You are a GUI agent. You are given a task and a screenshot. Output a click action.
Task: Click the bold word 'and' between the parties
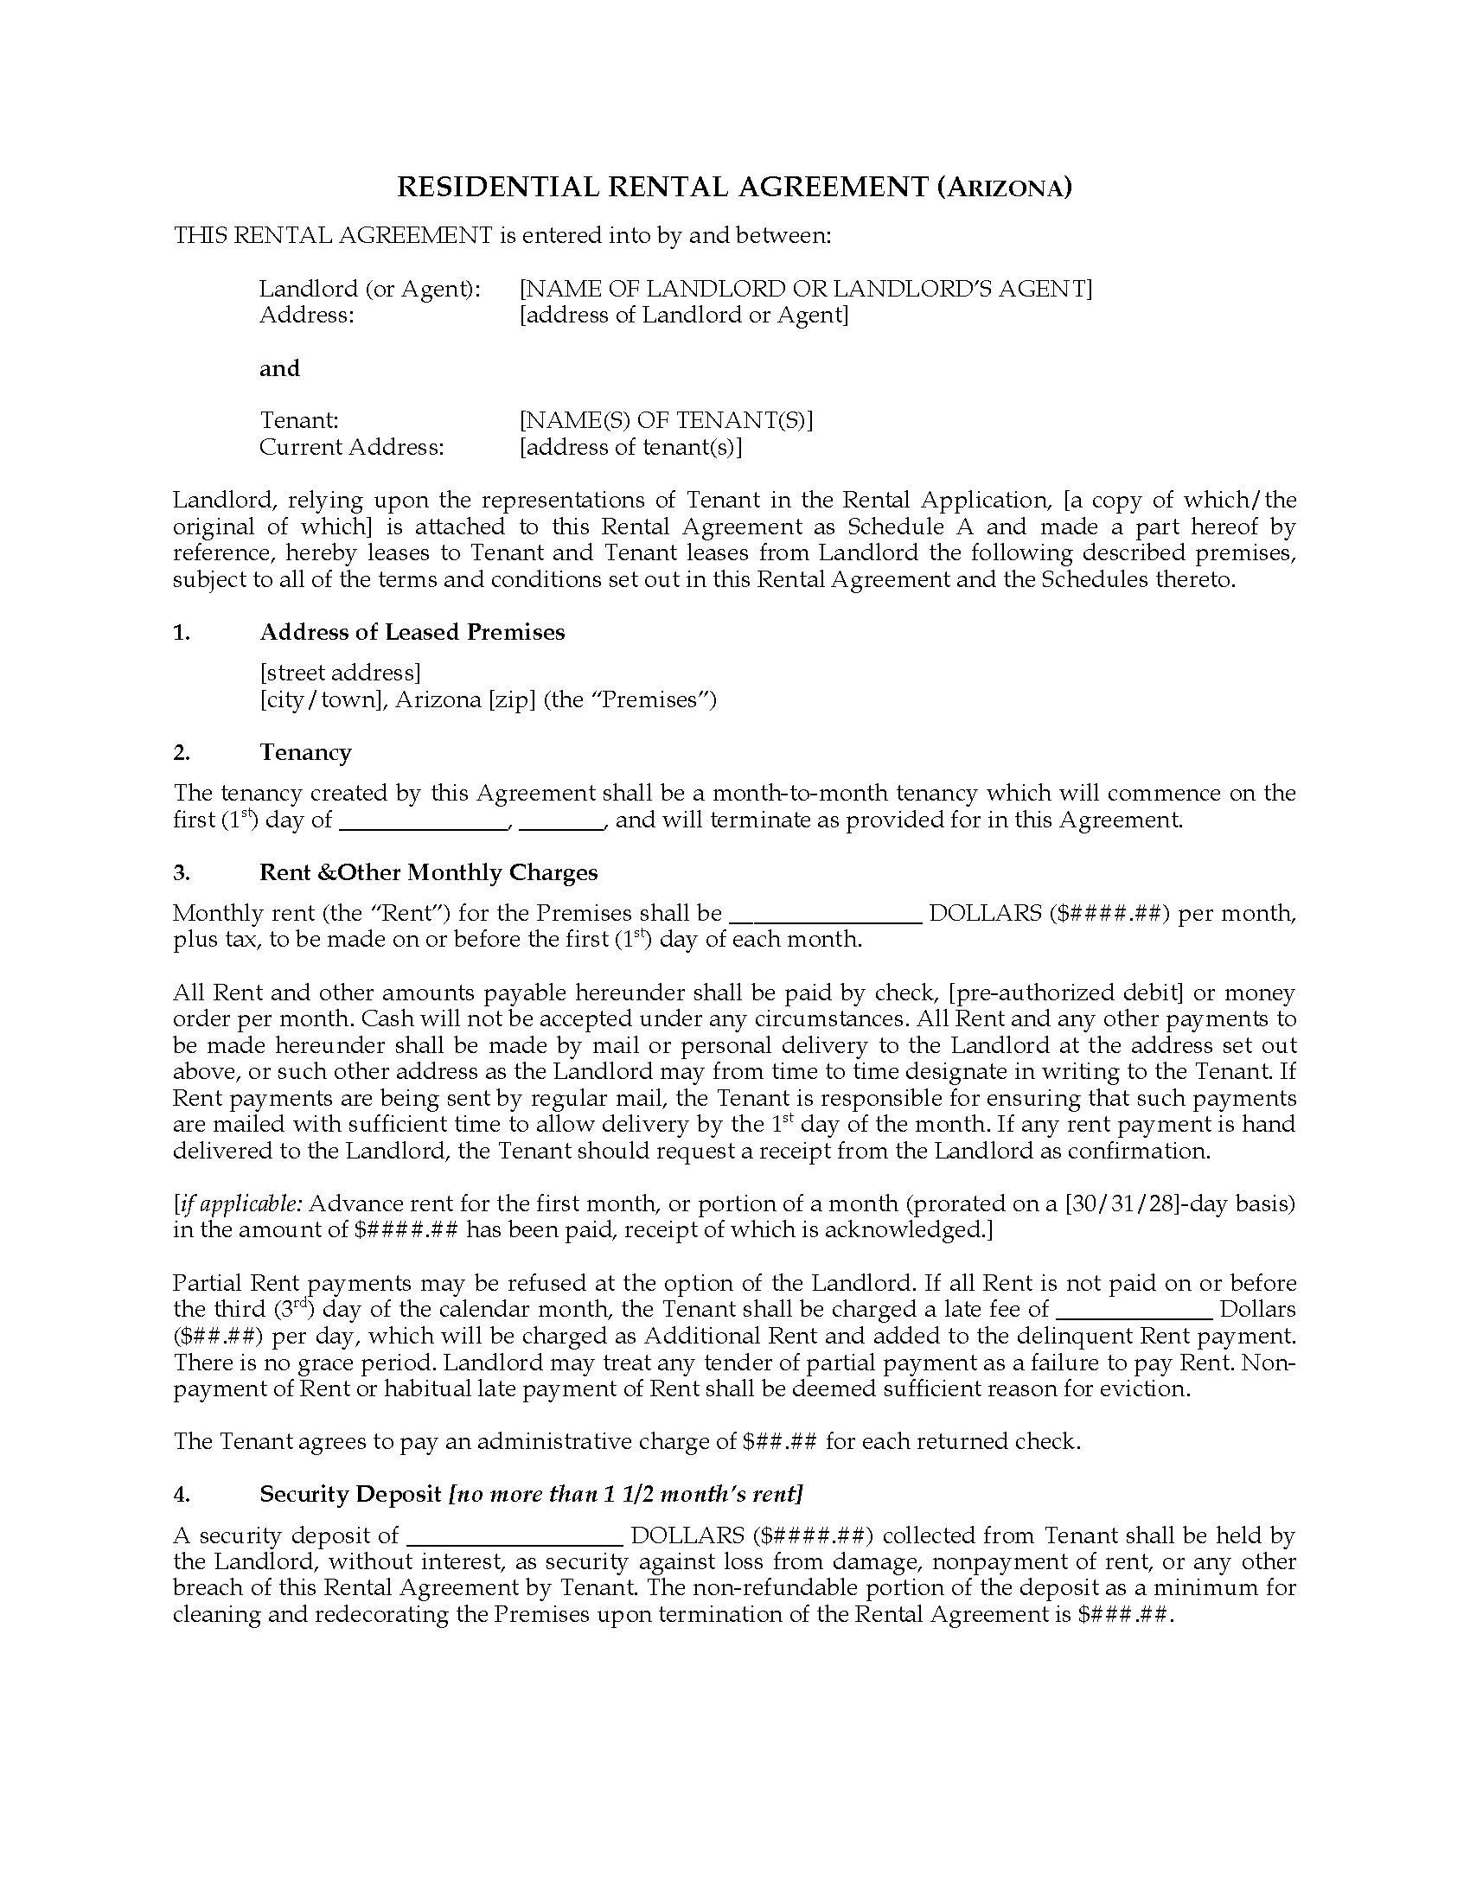(279, 368)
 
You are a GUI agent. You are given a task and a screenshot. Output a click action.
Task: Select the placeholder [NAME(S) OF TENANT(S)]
(666, 421)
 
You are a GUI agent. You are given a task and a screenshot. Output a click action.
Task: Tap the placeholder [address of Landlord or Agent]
(684, 316)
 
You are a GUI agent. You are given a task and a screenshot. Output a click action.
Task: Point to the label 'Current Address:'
(352, 448)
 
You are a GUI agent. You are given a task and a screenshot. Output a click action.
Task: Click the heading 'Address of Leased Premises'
(412, 632)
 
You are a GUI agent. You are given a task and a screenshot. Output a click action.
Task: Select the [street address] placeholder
(341, 673)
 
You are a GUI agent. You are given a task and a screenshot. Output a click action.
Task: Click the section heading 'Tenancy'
(304, 752)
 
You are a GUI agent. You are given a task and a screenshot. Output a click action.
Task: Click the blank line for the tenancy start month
(423, 820)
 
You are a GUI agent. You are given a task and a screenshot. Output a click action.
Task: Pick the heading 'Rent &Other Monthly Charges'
(428, 872)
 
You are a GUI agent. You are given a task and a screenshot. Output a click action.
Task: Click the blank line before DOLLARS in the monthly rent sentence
(825, 914)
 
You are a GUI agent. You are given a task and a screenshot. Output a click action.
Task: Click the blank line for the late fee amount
(1134, 1310)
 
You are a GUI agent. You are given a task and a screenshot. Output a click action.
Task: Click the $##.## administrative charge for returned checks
(779, 1441)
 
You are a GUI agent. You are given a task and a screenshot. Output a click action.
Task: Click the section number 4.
(181, 1495)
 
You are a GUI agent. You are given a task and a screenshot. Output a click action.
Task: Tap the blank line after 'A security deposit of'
(514, 1536)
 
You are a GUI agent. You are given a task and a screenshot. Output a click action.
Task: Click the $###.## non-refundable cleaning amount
(1125, 1615)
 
